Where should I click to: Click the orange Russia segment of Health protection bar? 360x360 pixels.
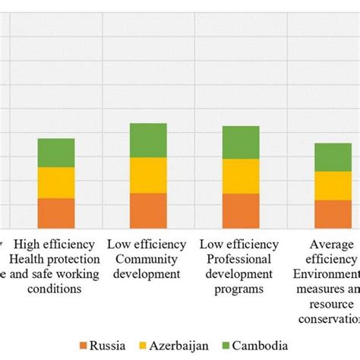point(56,213)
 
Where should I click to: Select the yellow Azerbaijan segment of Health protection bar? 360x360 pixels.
point(56,182)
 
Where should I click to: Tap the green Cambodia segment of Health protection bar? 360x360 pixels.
point(56,153)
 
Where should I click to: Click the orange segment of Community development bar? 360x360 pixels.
point(148,210)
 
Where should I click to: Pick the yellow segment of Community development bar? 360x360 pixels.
point(148,175)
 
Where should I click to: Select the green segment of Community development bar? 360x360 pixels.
point(148,141)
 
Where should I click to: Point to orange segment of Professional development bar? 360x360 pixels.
point(241,211)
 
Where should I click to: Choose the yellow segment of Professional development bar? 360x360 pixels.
point(241,176)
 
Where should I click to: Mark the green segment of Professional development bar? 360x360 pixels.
point(241,143)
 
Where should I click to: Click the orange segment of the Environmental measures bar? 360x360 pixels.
point(333,214)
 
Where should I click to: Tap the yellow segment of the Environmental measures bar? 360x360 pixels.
point(333,185)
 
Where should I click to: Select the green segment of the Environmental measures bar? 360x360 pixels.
point(333,157)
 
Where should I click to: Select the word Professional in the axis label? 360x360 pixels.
point(238,260)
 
